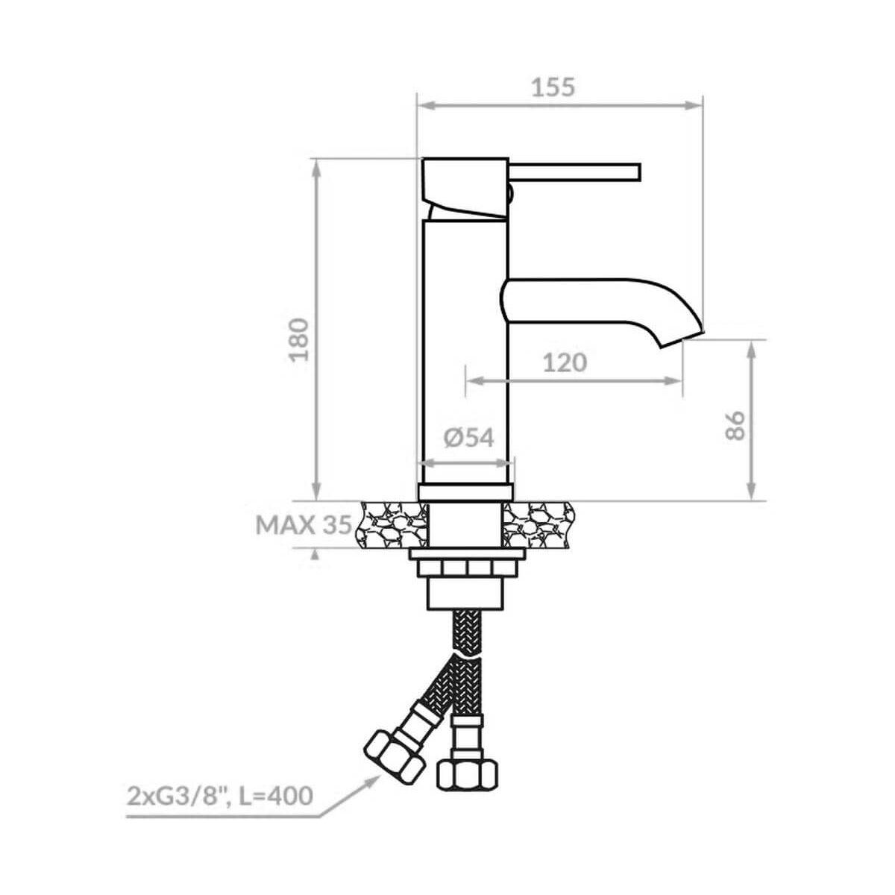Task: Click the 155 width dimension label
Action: point(553,87)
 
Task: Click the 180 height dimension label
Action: point(298,339)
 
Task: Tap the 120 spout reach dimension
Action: point(565,362)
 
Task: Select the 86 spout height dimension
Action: point(735,425)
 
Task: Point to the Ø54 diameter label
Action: point(468,438)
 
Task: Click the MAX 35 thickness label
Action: point(304,525)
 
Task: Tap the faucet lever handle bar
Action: point(575,171)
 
